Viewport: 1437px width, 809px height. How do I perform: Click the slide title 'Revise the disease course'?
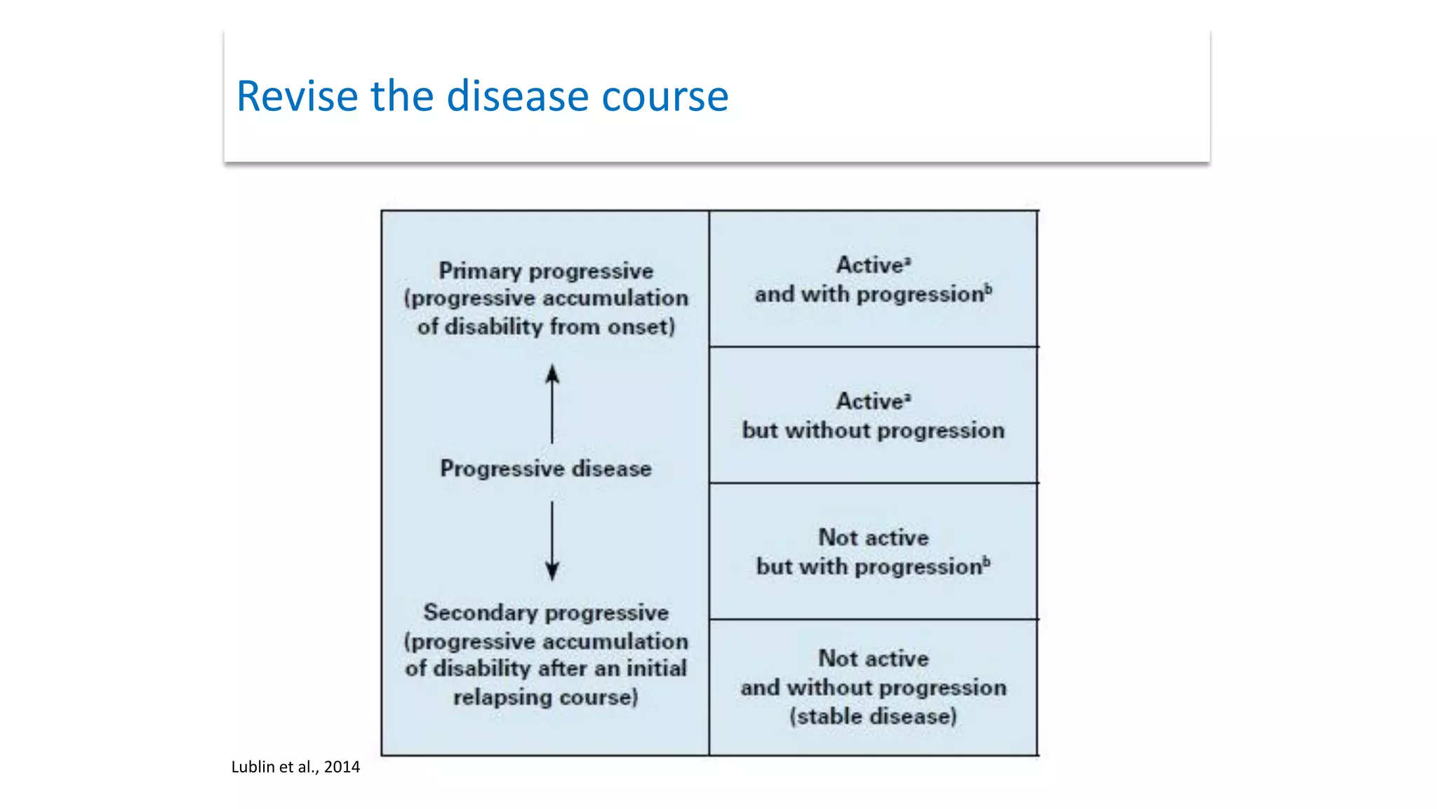(x=482, y=96)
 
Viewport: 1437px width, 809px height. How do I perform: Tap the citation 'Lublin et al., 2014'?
(x=295, y=767)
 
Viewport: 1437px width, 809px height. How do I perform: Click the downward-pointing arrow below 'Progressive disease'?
(x=552, y=541)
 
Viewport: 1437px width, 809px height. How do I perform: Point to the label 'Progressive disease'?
(x=546, y=468)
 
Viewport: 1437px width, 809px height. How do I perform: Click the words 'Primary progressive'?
(x=546, y=271)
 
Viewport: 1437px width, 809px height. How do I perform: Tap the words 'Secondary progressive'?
(x=546, y=612)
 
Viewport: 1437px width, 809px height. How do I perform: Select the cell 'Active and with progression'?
(x=873, y=279)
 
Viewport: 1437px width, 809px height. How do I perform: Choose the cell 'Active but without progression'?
(x=873, y=416)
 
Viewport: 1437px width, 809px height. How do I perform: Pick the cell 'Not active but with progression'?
(x=873, y=552)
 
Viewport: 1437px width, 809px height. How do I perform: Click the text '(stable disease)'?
(x=873, y=716)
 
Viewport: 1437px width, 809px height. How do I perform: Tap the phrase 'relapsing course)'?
(x=546, y=697)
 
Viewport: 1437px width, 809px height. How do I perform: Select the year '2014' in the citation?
(x=342, y=767)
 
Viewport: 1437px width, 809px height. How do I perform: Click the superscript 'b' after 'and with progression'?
(x=988, y=289)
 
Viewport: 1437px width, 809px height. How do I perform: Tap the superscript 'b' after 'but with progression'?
(x=987, y=561)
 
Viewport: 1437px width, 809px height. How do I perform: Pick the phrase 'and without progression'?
(x=873, y=688)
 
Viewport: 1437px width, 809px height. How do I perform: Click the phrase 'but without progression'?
(x=873, y=430)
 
